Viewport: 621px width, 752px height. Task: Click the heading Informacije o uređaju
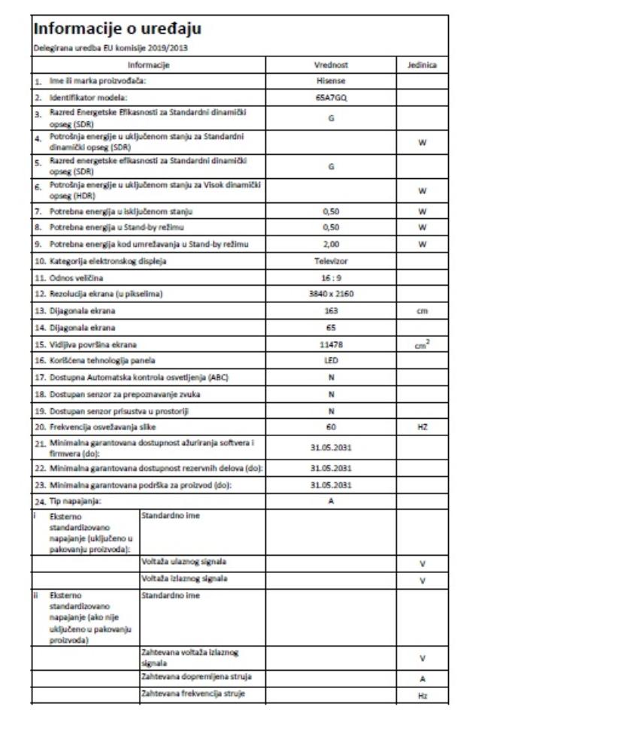coord(117,30)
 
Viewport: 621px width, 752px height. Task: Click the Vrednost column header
coord(331,65)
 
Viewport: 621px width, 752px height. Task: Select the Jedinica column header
coord(422,65)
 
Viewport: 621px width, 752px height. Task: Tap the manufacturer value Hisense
coord(331,80)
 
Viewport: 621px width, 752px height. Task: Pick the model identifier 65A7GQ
coord(331,99)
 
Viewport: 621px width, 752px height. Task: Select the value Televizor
coord(331,261)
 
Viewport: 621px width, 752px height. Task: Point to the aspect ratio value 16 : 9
coord(331,277)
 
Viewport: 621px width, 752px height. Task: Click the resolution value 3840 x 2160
coord(331,294)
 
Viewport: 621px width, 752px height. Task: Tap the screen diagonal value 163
coord(331,311)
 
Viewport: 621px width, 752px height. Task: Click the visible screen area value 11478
coord(331,344)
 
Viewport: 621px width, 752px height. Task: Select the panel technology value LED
coord(331,361)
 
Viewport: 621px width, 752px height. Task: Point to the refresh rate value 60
coord(331,427)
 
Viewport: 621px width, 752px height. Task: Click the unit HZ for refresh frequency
coord(422,427)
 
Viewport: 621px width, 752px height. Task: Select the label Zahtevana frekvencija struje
coord(192,693)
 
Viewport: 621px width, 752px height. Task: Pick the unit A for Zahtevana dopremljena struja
coord(422,678)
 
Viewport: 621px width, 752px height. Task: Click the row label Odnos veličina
coord(76,277)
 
